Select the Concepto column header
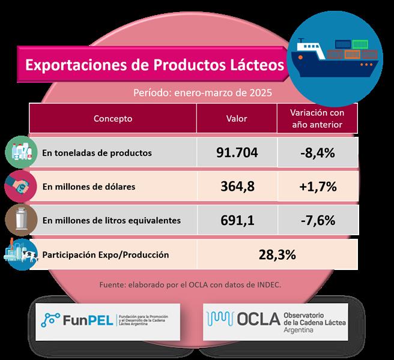click(113, 119)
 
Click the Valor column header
click(237, 119)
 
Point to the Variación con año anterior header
click(316, 119)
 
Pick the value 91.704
click(237, 152)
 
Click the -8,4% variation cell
click(316, 152)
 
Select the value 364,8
click(237, 186)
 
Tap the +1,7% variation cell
click(316, 186)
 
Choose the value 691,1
click(237, 220)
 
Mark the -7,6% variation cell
click(316, 220)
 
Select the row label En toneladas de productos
click(97, 153)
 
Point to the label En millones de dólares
click(89, 187)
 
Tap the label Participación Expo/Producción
click(106, 255)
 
